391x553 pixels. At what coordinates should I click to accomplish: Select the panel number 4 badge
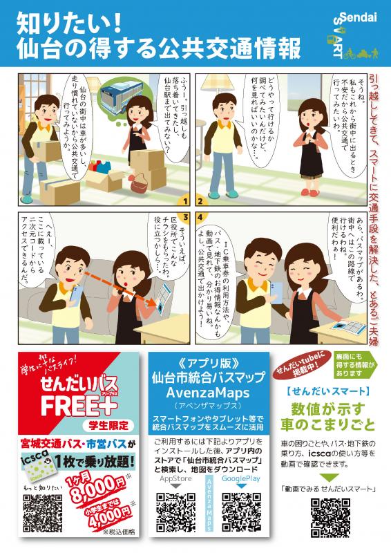pyautogui.click(x=201, y=216)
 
